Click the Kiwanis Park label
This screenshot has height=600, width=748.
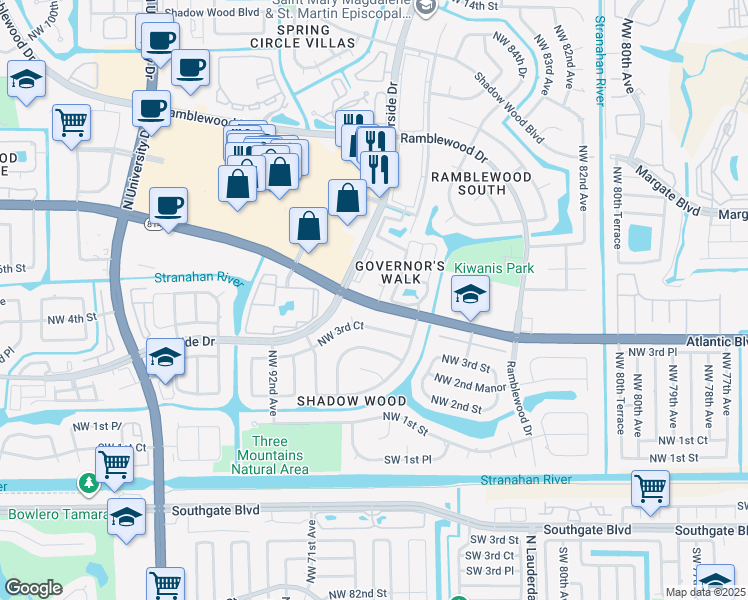(x=494, y=268)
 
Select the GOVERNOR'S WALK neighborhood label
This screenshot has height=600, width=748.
(x=400, y=272)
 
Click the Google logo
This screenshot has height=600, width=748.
(x=33, y=588)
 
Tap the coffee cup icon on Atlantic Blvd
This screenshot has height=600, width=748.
(x=168, y=206)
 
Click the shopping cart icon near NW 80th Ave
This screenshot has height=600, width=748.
(x=650, y=488)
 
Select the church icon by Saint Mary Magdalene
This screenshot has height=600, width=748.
(x=427, y=7)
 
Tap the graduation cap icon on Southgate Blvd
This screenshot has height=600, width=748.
(x=127, y=517)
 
